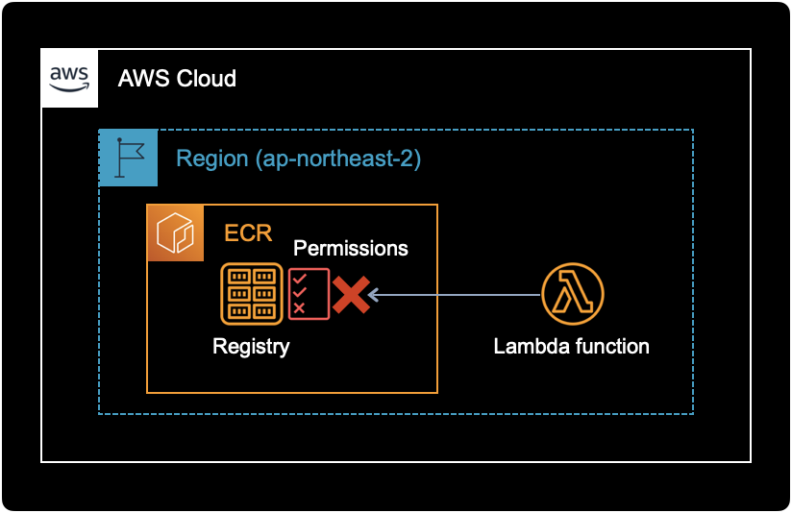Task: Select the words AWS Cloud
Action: (x=177, y=79)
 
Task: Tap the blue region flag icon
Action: (x=128, y=158)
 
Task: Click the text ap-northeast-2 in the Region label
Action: (x=337, y=159)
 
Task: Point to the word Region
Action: (x=210, y=159)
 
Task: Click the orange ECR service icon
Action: (x=175, y=232)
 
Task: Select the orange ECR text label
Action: (x=248, y=233)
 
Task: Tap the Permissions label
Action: (x=351, y=248)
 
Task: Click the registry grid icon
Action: (x=252, y=293)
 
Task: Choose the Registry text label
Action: (x=251, y=347)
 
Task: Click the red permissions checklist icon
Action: (x=309, y=293)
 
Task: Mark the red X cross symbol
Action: (x=351, y=294)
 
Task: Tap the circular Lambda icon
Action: (x=572, y=294)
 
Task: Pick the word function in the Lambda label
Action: (x=612, y=347)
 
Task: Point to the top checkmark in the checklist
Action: (x=300, y=279)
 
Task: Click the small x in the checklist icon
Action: (x=299, y=307)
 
